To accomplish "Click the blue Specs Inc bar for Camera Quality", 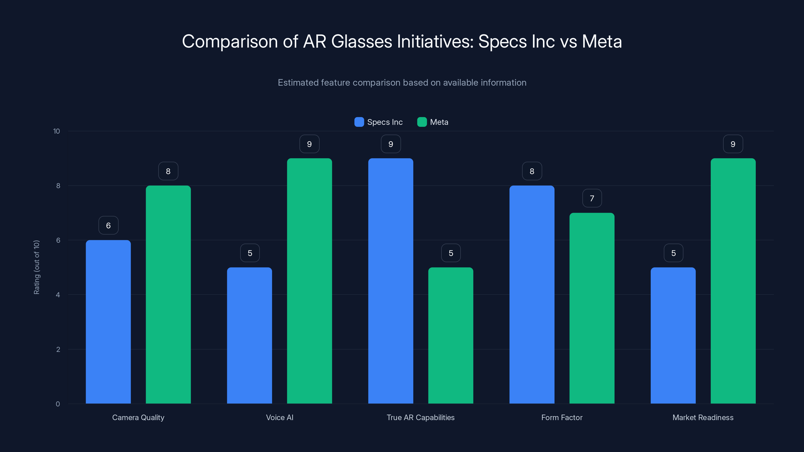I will pyautogui.click(x=108, y=321).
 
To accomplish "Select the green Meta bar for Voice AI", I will pyautogui.click(x=309, y=281).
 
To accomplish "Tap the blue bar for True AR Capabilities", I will pyautogui.click(x=390, y=281).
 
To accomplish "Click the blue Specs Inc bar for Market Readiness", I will pyautogui.click(x=673, y=335).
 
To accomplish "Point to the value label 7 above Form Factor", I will pyautogui.click(x=592, y=198).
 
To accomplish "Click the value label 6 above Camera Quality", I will pyautogui.click(x=108, y=225).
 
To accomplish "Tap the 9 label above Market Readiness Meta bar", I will pyautogui.click(x=733, y=144).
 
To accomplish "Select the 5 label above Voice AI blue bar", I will pyautogui.click(x=250, y=253).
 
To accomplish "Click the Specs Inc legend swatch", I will pyautogui.click(x=359, y=122).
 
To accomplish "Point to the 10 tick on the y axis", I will pyautogui.click(x=57, y=131).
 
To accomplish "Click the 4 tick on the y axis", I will pyautogui.click(x=58, y=295).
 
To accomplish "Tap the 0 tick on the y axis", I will pyautogui.click(x=58, y=404).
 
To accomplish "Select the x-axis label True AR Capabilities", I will pyautogui.click(x=420, y=417).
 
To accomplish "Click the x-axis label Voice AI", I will pyautogui.click(x=279, y=417).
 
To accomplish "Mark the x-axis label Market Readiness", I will pyautogui.click(x=703, y=417).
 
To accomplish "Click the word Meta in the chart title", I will pyautogui.click(x=601, y=41).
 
